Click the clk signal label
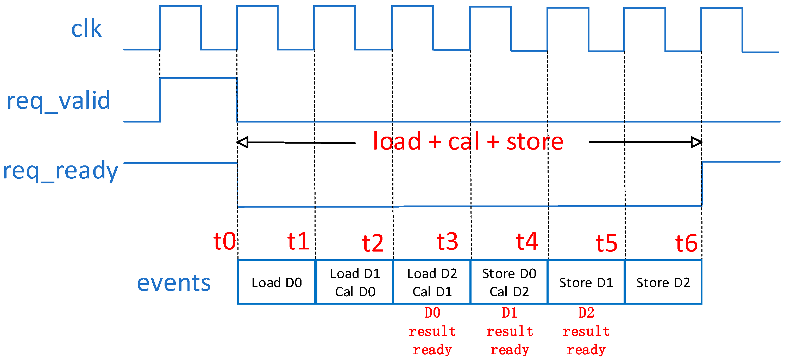(86, 29)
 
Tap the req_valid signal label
(59, 100)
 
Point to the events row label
(174, 283)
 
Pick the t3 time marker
(447, 241)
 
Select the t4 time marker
(527, 241)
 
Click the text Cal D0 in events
(355, 292)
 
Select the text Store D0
(509, 273)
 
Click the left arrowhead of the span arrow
(243, 142)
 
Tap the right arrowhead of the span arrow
(696, 142)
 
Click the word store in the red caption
(535, 142)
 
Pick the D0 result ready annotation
(432, 331)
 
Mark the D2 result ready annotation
(586, 331)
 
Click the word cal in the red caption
(464, 142)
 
